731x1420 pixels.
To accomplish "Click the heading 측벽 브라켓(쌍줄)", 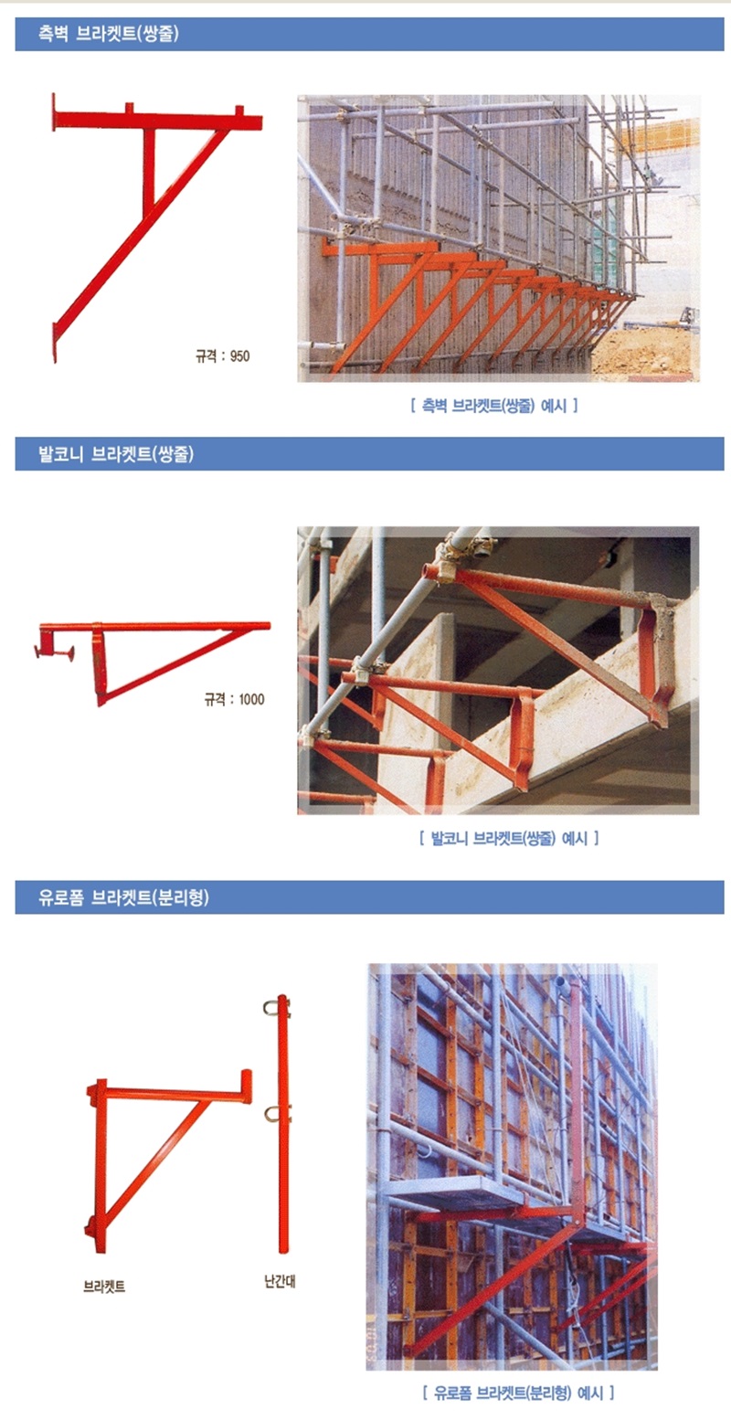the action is click(x=109, y=34).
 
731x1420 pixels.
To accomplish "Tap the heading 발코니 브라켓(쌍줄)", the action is click(x=116, y=454).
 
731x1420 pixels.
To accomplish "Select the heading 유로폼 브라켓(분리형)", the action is click(x=123, y=897).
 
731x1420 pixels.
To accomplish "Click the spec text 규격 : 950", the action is click(x=223, y=356).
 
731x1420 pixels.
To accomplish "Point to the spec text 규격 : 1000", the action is click(x=234, y=699).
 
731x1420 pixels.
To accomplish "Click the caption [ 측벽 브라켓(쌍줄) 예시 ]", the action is click(x=494, y=405).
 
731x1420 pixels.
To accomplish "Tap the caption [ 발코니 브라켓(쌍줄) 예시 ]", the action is click(x=509, y=838).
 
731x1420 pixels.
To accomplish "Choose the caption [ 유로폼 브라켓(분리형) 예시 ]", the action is click(x=518, y=1393).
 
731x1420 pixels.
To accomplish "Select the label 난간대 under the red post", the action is click(x=280, y=1281).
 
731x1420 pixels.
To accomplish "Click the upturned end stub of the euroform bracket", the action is click(x=246, y=1086).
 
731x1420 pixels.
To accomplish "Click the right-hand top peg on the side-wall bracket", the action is click(x=239, y=111).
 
